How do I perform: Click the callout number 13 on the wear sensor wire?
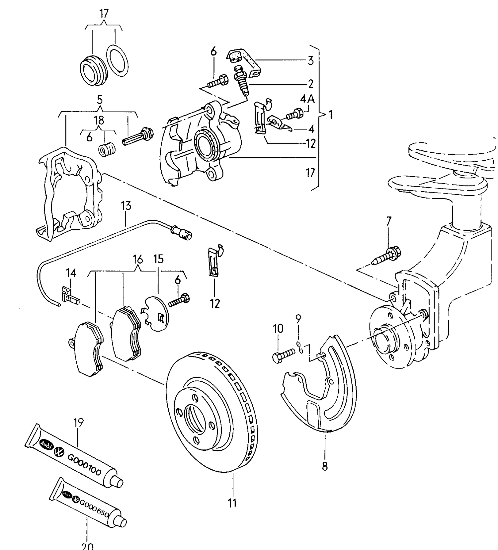126,206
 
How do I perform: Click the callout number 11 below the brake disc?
232,503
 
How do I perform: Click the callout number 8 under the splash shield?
325,466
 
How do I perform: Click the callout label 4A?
307,99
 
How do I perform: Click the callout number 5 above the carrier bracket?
100,100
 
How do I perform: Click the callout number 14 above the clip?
71,273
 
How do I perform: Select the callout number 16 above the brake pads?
138,259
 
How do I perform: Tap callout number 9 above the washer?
298,319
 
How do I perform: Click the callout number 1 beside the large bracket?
330,115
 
